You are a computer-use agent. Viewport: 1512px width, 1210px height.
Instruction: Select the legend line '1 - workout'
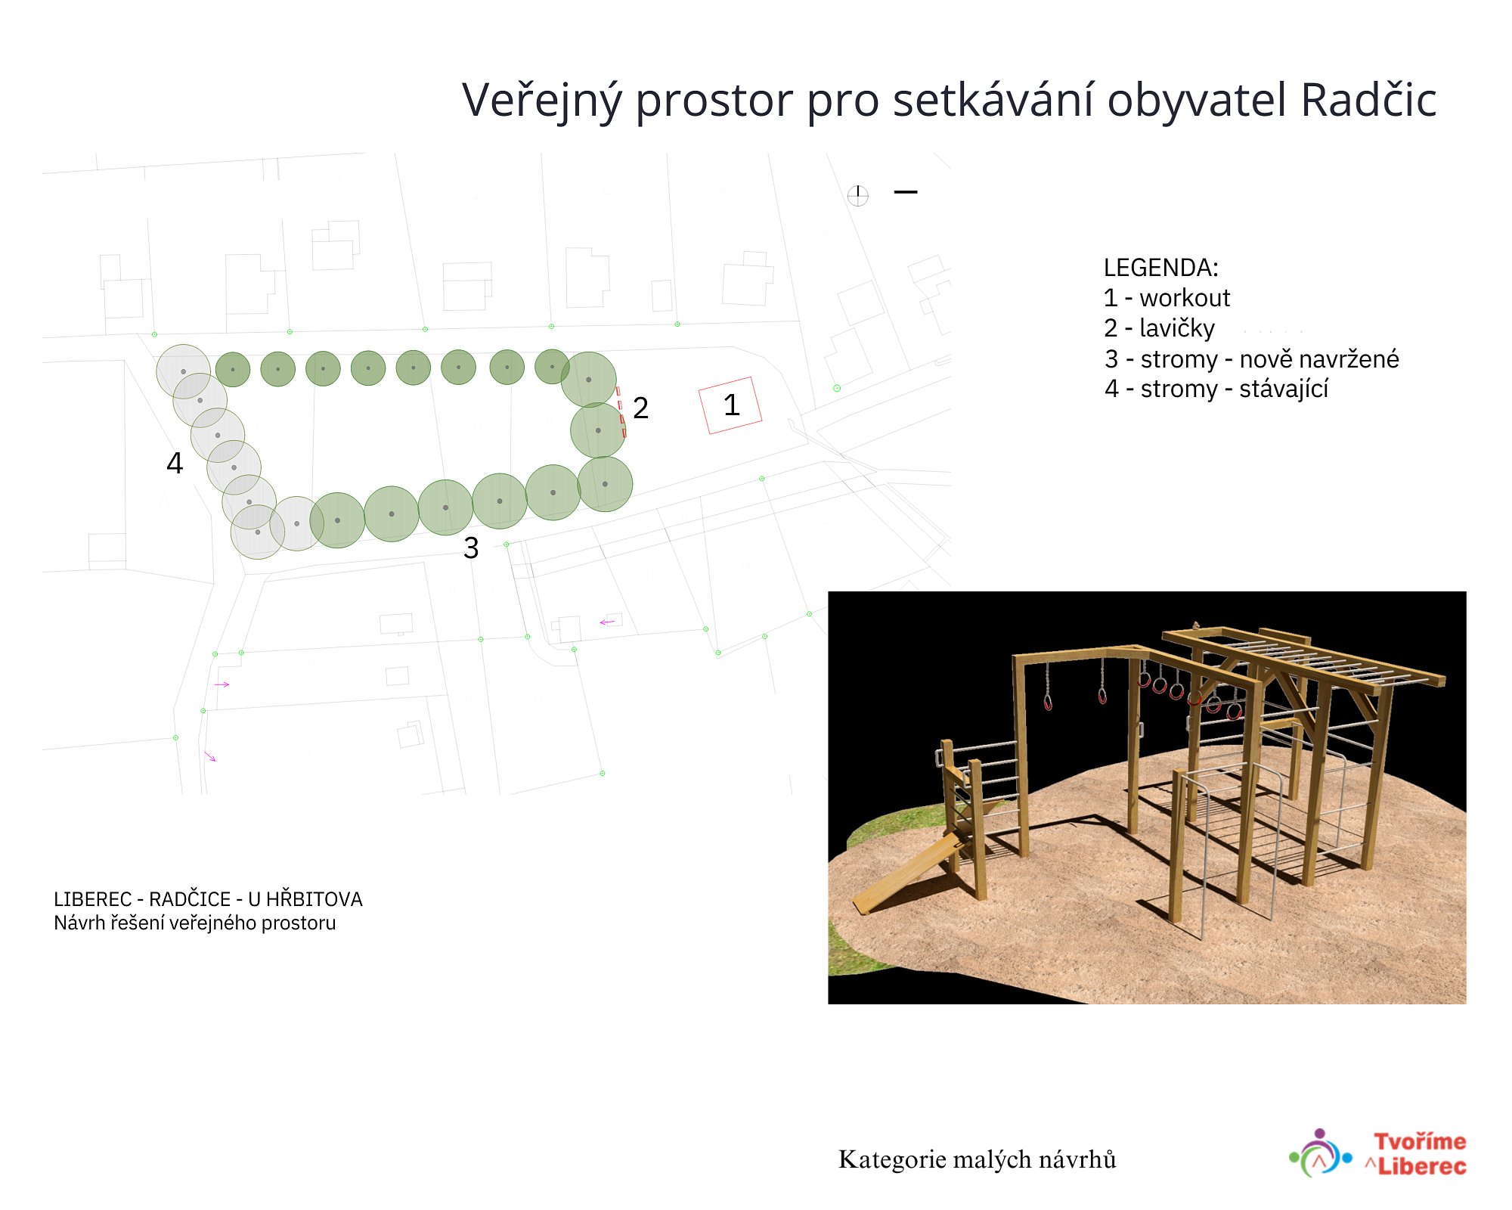(x=1167, y=298)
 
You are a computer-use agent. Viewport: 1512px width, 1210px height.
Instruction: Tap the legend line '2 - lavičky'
(x=1159, y=328)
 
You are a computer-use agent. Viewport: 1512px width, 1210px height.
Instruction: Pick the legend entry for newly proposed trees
(x=1251, y=358)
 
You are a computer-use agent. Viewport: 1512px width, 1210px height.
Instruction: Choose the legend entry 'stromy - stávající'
(x=1216, y=389)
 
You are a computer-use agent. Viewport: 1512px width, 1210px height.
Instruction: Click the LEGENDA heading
(x=1160, y=267)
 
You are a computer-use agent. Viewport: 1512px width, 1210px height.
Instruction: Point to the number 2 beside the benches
(x=640, y=408)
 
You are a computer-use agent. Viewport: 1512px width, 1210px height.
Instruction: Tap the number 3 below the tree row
(x=471, y=548)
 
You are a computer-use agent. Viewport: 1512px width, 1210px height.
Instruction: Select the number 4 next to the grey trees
(x=175, y=463)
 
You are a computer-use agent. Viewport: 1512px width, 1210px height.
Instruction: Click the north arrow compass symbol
(x=857, y=196)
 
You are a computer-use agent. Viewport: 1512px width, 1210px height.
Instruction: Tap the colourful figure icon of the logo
(x=1320, y=1153)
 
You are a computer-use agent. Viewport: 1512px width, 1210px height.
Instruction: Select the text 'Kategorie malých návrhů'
(x=977, y=1159)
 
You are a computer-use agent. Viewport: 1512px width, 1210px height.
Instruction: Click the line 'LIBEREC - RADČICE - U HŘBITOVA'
(x=208, y=899)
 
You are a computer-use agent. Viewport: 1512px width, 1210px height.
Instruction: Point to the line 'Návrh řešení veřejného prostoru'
(x=194, y=923)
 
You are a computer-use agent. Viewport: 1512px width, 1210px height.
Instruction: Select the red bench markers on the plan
(x=621, y=412)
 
